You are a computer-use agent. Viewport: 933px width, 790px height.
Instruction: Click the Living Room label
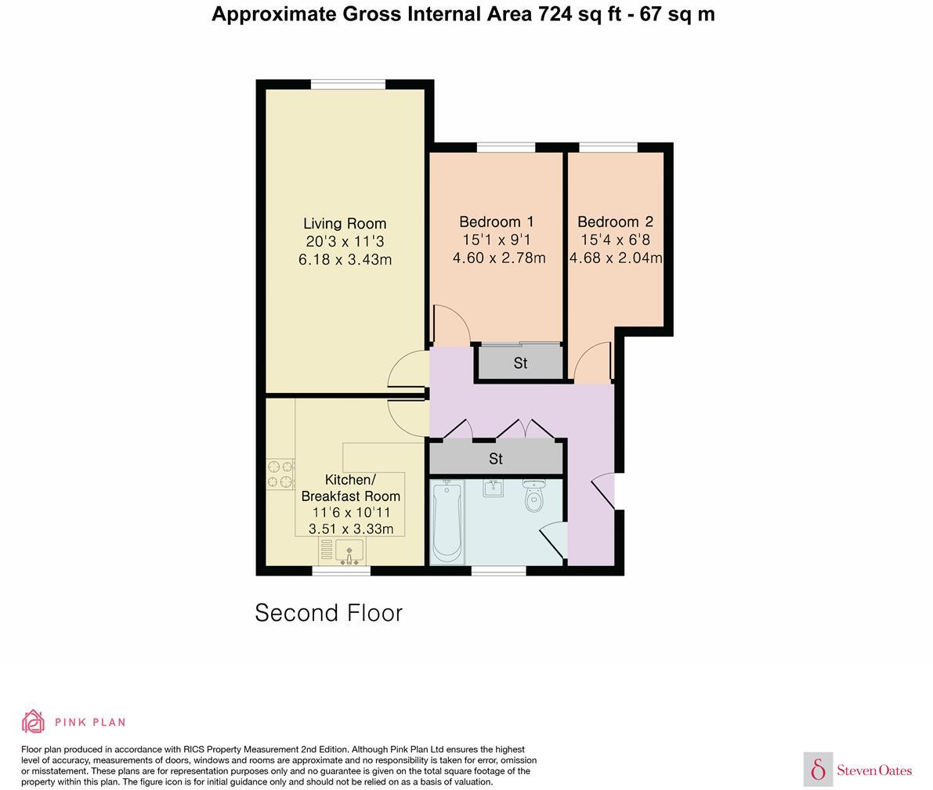tap(345, 223)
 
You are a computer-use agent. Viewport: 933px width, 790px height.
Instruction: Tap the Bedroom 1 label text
tap(497, 222)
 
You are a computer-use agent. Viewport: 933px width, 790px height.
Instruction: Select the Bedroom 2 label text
tap(615, 222)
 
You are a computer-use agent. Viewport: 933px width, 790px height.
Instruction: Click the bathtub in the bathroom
tap(447, 521)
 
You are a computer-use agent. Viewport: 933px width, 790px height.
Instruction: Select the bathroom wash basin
tap(494, 489)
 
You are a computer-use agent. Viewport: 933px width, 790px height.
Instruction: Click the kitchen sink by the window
tap(342, 551)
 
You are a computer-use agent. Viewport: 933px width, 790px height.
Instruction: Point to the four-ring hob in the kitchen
tap(280, 474)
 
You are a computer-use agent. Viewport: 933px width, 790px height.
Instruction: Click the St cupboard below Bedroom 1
tap(520, 363)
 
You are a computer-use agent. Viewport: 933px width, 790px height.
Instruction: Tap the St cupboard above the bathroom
tap(495, 459)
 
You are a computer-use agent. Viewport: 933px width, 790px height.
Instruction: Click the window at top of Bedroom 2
tap(608, 147)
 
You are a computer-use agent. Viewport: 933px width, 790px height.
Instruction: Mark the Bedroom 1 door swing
tap(450, 326)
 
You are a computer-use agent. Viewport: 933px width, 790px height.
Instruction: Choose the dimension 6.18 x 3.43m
tap(345, 259)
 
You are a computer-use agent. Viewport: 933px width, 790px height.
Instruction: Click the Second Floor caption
tap(328, 612)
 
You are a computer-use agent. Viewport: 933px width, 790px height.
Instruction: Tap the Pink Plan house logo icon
tap(33, 721)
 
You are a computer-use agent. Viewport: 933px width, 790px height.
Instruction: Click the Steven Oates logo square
tap(818, 770)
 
